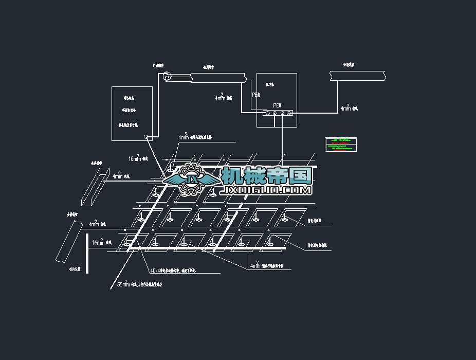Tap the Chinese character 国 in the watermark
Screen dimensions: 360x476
[x=300, y=175]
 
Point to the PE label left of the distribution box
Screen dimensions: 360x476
[x=255, y=95]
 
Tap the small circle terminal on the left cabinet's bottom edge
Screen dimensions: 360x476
[x=147, y=137]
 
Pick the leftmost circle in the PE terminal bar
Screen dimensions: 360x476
[x=267, y=113]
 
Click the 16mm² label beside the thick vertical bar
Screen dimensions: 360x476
[x=99, y=242]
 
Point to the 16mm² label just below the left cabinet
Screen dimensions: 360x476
[x=135, y=158]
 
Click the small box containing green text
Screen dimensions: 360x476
[x=343, y=145]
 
